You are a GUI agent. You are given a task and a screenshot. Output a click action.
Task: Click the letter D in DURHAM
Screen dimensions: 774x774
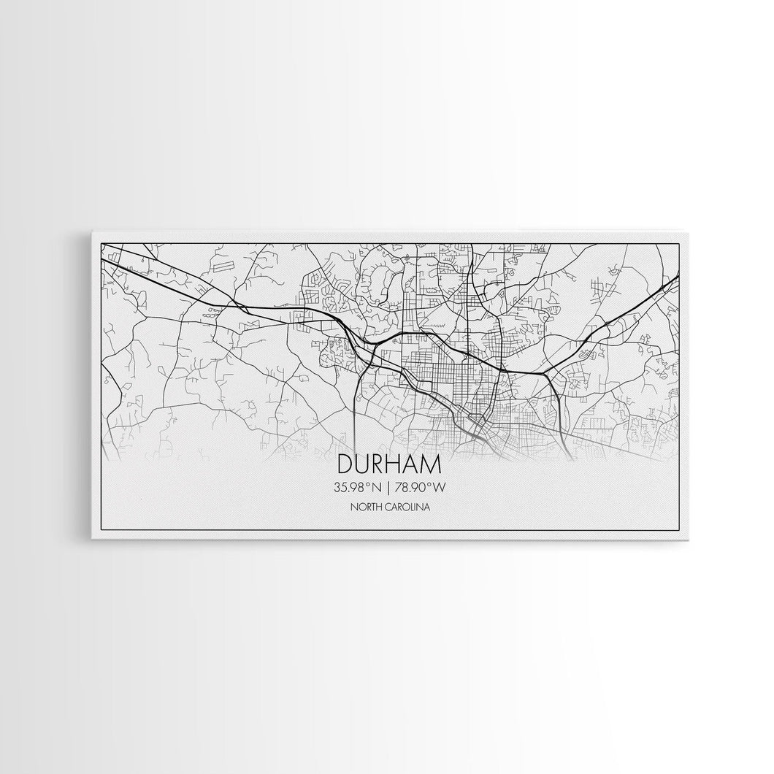click(x=345, y=466)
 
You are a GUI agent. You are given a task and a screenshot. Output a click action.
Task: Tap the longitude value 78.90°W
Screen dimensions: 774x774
click(x=418, y=487)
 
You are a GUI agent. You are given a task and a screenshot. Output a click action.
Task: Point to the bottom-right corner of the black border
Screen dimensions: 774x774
click(x=680, y=530)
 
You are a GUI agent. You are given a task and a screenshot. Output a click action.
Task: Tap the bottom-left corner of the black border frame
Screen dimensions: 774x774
click(x=101, y=530)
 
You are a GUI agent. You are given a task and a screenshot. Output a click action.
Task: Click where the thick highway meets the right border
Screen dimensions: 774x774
click(x=679, y=275)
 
